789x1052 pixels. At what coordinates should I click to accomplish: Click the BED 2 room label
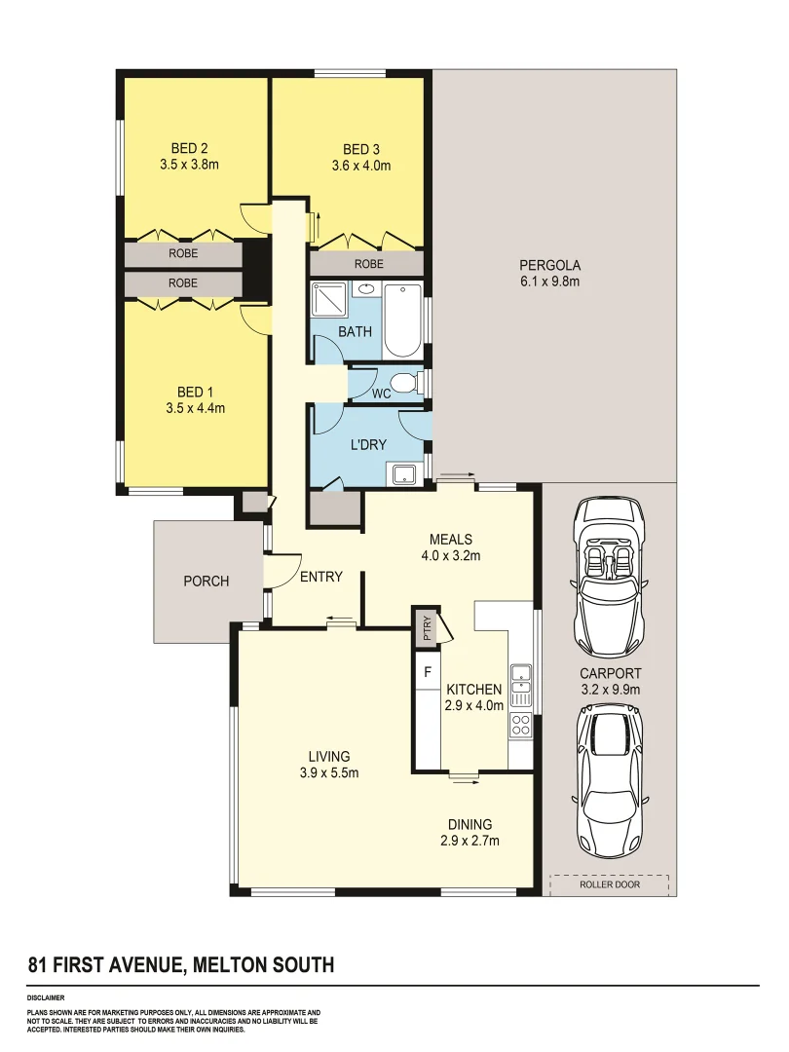189,149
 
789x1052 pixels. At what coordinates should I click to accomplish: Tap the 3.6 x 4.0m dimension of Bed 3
360,166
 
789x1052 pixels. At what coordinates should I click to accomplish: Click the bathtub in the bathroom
402,320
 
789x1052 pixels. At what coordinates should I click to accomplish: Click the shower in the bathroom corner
327,299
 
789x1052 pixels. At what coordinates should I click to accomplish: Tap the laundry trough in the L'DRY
402,474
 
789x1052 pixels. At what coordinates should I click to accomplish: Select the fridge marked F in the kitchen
427,672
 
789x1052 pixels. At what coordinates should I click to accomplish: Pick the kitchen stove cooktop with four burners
520,725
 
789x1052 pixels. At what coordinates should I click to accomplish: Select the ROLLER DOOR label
610,885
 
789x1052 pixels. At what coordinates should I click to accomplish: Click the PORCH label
207,582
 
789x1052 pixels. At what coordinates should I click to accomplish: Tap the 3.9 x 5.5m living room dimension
329,773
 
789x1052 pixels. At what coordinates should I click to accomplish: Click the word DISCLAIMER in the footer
46,998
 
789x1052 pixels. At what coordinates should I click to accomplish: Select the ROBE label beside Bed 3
368,264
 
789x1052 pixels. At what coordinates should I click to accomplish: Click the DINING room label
470,824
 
